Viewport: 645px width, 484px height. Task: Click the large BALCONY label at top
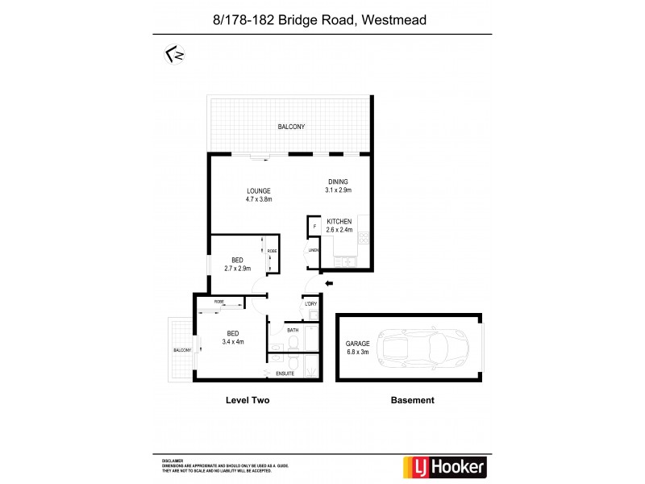tap(291, 127)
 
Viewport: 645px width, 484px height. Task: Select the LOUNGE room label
tap(259, 194)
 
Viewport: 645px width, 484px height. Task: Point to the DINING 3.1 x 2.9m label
tap(339, 186)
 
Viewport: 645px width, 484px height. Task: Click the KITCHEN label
tap(339, 225)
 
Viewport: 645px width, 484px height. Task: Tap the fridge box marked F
tap(314, 227)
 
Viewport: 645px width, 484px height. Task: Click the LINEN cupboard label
tap(314, 251)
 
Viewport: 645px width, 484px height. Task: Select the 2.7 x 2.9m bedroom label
tap(237, 265)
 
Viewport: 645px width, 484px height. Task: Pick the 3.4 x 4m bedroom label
tap(233, 338)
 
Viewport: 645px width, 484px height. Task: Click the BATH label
tap(292, 330)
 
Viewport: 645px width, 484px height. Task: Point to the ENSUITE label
tap(285, 373)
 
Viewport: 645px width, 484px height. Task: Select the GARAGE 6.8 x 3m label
tap(358, 348)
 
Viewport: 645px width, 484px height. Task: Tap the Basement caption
tap(412, 400)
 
